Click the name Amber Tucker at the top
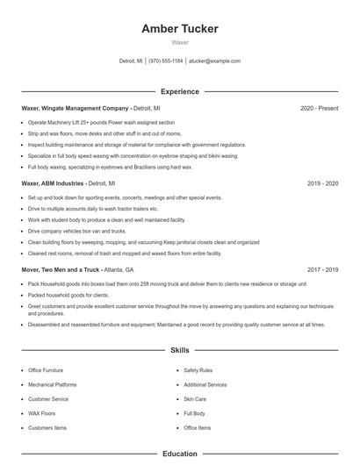click(180, 29)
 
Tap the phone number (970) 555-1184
click(166, 61)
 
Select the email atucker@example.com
click(214, 61)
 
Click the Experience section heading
click(180, 91)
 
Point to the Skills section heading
click(180, 350)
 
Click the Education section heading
click(180, 454)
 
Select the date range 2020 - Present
click(319, 108)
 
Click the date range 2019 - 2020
click(323, 184)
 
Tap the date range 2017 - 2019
click(323, 269)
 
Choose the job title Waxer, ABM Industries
click(53, 184)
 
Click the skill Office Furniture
click(46, 370)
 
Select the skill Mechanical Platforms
click(53, 384)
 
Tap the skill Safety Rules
click(198, 370)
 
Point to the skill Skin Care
click(194, 399)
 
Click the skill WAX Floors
click(41, 413)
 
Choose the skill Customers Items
click(47, 427)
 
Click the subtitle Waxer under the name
click(180, 42)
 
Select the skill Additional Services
click(205, 384)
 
